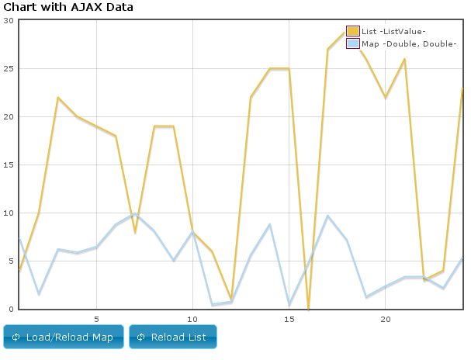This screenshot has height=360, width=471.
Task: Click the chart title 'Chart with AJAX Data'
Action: click(x=68, y=8)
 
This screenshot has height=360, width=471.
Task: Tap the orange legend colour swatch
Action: click(x=352, y=31)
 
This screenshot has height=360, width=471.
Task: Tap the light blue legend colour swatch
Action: click(x=352, y=43)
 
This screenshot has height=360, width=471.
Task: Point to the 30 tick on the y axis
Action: click(x=9, y=21)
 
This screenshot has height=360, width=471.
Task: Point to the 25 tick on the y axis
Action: click(x=9, y=69)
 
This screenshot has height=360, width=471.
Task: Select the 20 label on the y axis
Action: click(x=9, y=117)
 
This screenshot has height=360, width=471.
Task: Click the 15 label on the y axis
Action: click(x=9, y=165)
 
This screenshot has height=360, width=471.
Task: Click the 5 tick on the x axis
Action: click(x=96, y=318)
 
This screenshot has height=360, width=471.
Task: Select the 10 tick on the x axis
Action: click(x=192, y=318)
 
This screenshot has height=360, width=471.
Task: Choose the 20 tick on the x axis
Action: click(x=385, y=318)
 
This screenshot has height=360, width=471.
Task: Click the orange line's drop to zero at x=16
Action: click(x=308, y=308)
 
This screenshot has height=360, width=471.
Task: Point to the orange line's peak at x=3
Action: click(x=58, y=98)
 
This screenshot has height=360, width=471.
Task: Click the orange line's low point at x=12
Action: click(x=231, y=299)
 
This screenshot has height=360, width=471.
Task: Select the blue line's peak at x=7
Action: click(x=135, y=214)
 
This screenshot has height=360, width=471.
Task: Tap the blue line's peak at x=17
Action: click(x=327, y=216)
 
